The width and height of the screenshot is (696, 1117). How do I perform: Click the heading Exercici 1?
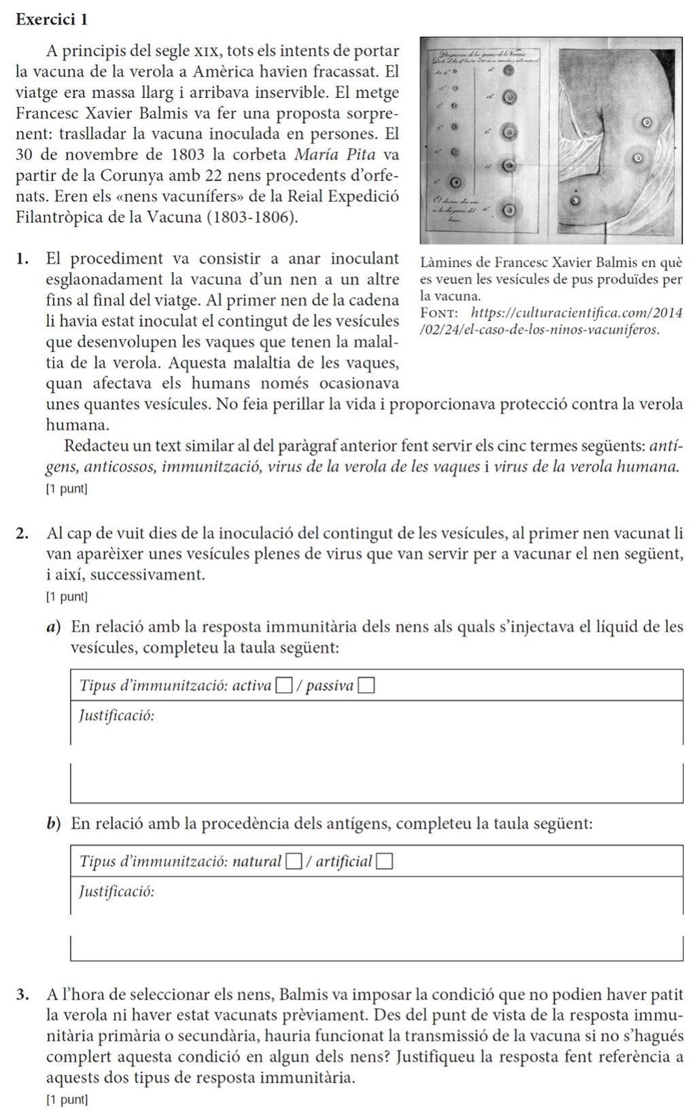51,20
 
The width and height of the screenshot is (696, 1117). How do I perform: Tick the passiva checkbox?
367,687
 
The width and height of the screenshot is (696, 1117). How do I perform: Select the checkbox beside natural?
293,863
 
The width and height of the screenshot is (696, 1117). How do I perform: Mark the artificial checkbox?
385,863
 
